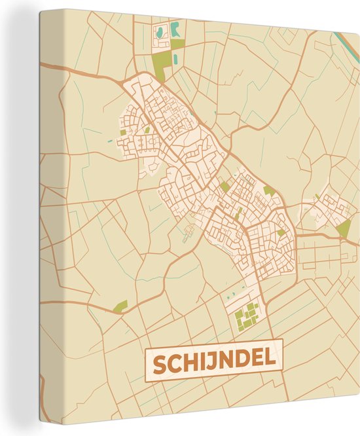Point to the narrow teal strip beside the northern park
click(x=175, y=58)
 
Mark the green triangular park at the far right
click(x=344, y=228)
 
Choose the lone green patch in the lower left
click(x=120, y=306)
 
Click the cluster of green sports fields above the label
click(x=247, y=317)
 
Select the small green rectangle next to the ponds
click(x=177, y=45)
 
